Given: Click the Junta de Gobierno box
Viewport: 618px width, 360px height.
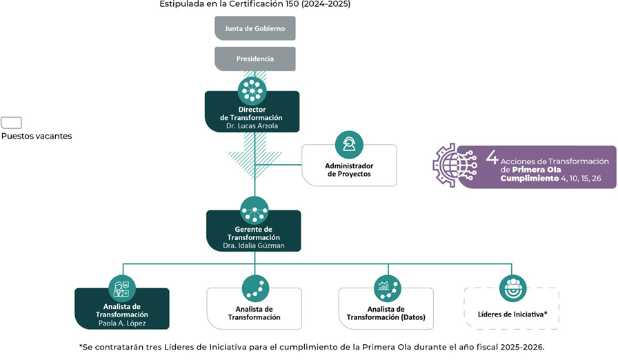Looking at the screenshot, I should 255,28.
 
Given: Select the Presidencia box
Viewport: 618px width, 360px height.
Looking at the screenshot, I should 255,59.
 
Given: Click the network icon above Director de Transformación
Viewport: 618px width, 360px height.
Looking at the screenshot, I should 252,90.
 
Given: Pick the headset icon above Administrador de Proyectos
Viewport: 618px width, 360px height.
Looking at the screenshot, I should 349,144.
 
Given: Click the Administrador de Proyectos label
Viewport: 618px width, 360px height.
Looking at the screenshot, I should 349,170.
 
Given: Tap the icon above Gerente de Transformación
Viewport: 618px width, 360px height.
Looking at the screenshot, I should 255,210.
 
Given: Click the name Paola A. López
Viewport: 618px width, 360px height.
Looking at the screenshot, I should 121,323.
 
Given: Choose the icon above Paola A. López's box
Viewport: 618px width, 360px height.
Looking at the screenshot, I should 122,288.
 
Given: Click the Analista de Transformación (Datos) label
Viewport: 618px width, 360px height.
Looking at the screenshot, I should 386,313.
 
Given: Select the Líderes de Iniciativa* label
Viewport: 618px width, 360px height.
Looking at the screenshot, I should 512,314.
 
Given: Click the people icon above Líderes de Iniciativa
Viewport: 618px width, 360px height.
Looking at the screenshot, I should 512,288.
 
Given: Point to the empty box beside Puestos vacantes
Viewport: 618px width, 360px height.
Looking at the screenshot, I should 11,123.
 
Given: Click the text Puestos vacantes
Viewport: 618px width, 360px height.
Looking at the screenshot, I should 37,136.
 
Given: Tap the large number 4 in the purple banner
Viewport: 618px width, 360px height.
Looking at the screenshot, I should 492,157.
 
